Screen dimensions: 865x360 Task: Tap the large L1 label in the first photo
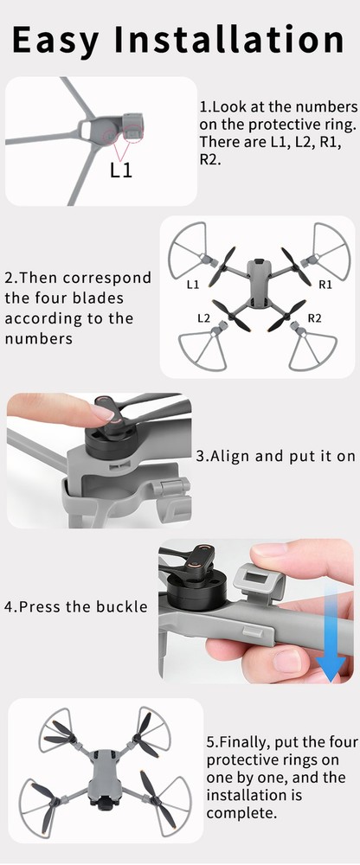(x=121, y=170)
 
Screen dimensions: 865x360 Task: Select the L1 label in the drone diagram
(x=193, y=284)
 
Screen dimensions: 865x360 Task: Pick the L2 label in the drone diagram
(x=204, y=318)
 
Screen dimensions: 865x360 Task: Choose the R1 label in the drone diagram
(x=325, y=284)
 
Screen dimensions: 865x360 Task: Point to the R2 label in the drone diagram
(x=314, y=318)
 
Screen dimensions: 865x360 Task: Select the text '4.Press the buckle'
(x=76, y=606)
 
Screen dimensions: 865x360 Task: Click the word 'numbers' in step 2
(x=37, y=337)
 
